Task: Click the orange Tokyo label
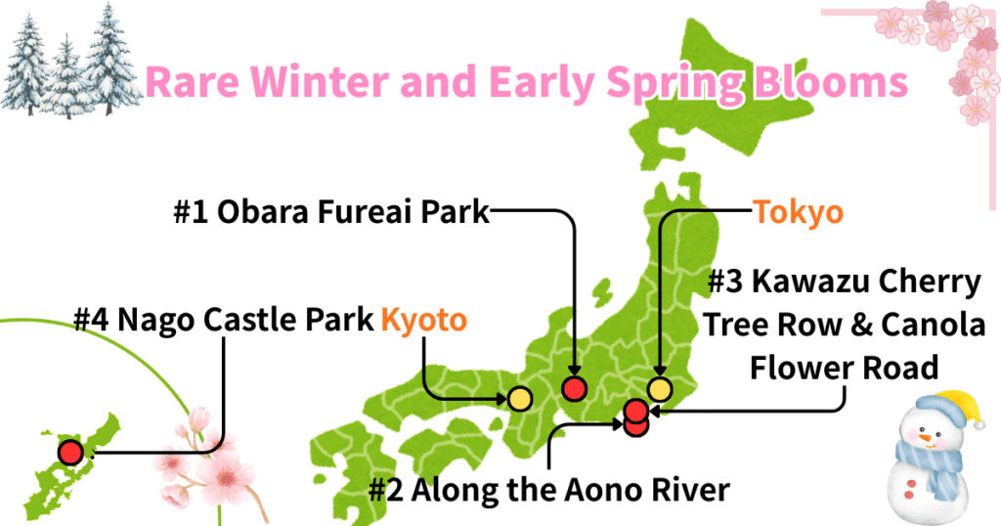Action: pyautogui.click(x=798, y=212)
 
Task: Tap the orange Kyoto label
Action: pyautogui.click(x=423, y=320)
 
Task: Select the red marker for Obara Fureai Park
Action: pyautogui.click(x=574, y=389)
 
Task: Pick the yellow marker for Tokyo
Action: pyautogui.click(x=660, y=389)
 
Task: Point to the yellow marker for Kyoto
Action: pyautogui.click(x=519, y=399)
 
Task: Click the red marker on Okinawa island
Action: pyautogui.click(x=69, y=453)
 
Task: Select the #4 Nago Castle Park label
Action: pyautogui.click(x=224, y=320)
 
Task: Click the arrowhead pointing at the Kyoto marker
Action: pyautogui.click(x=500, y=399)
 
